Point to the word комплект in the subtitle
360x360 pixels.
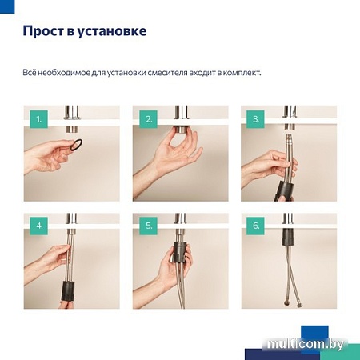238,72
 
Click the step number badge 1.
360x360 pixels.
36,119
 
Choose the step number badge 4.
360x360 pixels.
36,226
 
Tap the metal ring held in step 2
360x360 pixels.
182,130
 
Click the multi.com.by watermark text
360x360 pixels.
313,343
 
